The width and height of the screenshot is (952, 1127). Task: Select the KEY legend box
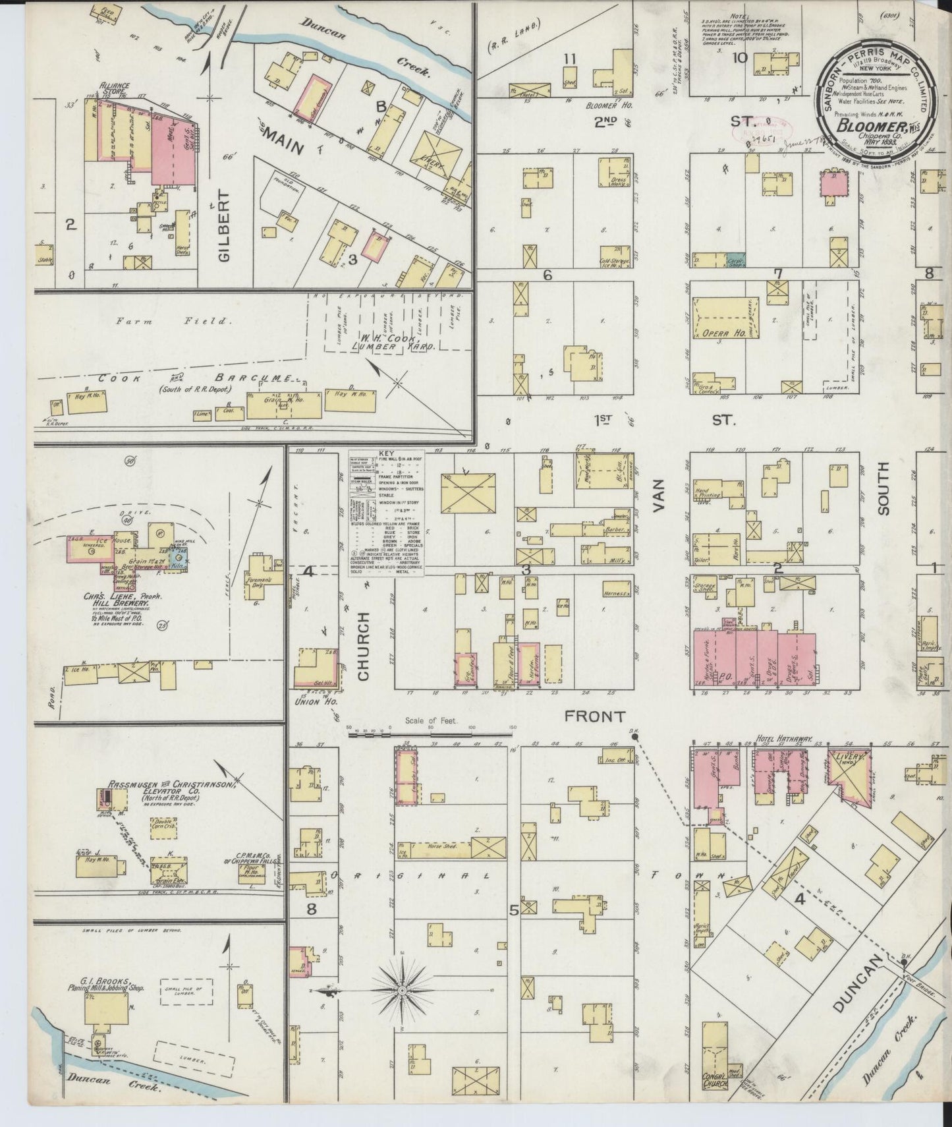click(x=387, y=514)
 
